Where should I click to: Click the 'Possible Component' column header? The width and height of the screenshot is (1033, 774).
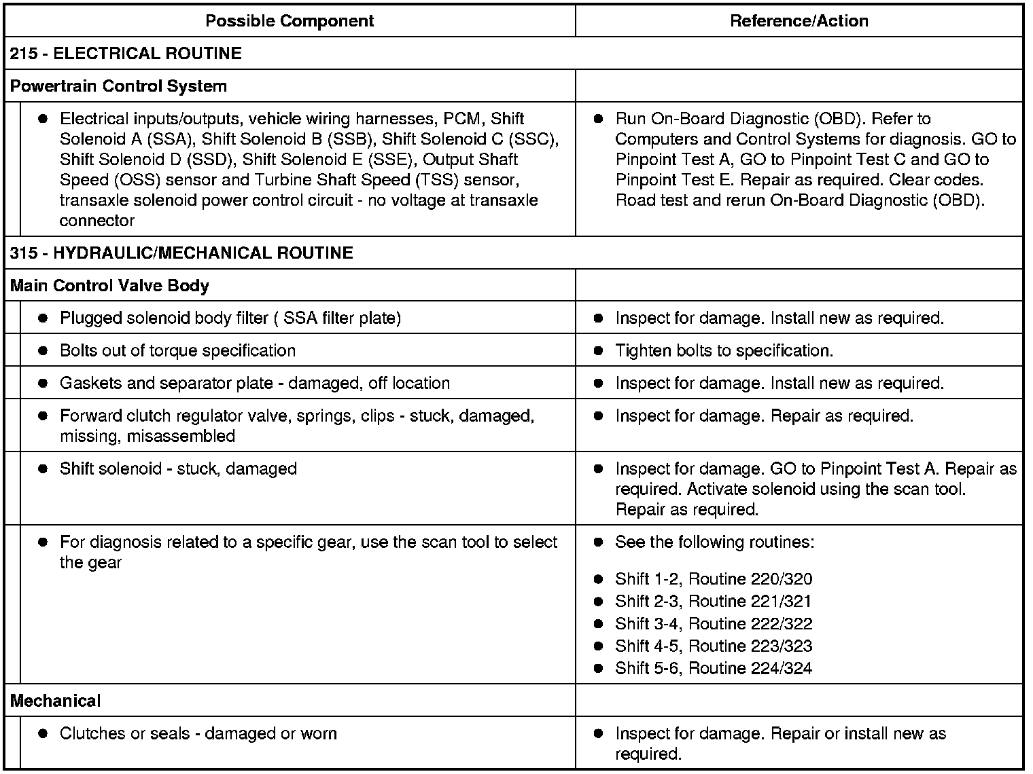point(290,21)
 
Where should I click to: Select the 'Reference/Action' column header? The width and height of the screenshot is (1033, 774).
point(799,21)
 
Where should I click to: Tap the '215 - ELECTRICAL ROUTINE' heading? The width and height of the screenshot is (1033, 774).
point(126,54)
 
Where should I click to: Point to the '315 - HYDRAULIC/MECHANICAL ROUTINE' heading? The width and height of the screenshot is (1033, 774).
point(181,253)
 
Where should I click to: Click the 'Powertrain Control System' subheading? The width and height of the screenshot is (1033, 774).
point(118,86)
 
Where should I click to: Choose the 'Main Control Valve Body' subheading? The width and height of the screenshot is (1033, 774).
point(109,286)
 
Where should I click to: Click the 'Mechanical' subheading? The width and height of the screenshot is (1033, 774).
point(56,701)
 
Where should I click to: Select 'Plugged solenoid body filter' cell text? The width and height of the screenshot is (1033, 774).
point(230,318)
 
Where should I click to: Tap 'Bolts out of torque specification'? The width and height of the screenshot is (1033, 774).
point(177,350)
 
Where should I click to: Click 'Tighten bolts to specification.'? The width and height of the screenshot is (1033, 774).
point(724,350)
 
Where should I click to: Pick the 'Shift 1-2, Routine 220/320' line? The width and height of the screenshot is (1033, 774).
point(714,579)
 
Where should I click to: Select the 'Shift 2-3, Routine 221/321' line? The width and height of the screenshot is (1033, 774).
point(714,602)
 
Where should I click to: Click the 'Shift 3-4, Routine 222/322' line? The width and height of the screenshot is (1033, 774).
point(714,624)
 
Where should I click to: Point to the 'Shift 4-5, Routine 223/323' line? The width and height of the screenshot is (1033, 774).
point(714,646)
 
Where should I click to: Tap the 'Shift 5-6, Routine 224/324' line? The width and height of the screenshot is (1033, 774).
point(714,669)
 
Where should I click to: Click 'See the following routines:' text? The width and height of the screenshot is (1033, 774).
point(714,542)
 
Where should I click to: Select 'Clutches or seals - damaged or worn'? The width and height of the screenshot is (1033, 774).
point(198,733)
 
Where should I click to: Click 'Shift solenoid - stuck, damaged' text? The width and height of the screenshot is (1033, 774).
point(178,468)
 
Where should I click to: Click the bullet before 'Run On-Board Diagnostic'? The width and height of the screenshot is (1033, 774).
point(598,119)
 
